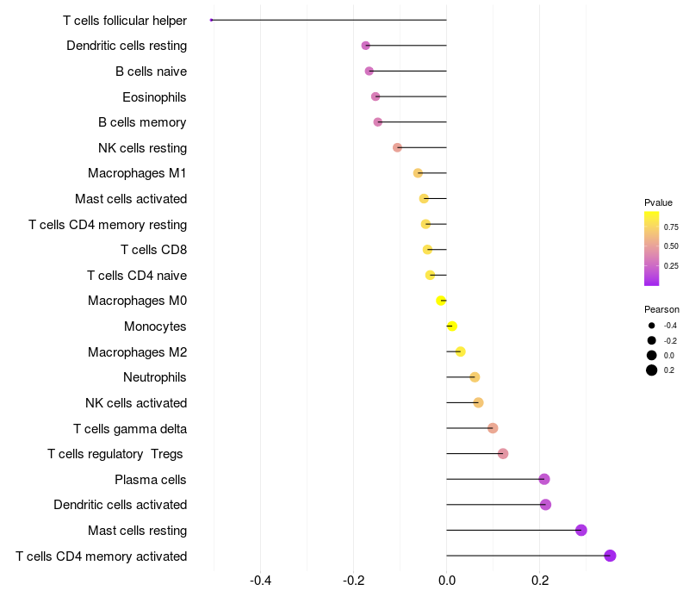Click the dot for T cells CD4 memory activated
pos(610,556)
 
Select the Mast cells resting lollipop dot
pos(581,530)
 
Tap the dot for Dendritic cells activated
pos(545,505)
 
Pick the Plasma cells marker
pos(543,479)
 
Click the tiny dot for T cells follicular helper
pos(212,20)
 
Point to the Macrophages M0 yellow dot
pos(441,301)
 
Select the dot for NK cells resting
pos(397,147)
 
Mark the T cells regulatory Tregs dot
pos(503,454)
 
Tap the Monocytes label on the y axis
pos(155,326)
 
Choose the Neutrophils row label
pos(155,377)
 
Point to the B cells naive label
pos(151,71)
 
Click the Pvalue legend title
pos(658,202)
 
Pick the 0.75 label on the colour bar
pos(671,227)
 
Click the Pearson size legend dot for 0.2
pos(652,370)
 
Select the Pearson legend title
pos(661,309)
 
